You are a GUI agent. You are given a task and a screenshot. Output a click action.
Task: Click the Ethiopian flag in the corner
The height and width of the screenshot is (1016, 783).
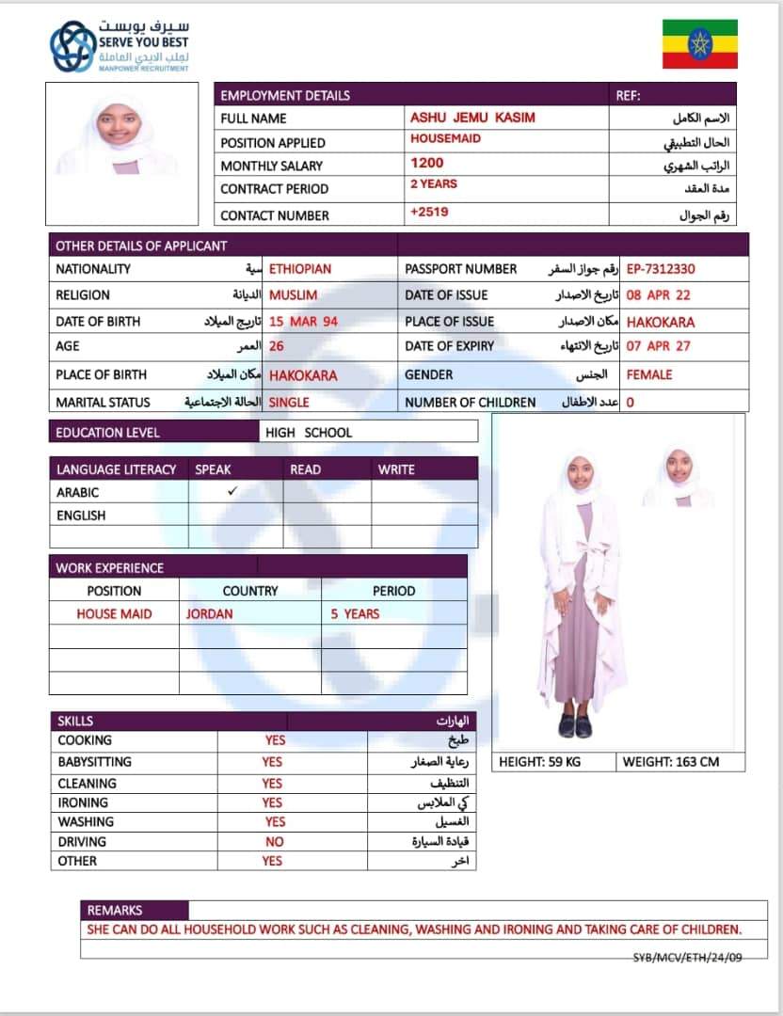point(699,43)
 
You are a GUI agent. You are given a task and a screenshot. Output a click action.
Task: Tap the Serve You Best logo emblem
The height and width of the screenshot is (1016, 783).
point(72,47)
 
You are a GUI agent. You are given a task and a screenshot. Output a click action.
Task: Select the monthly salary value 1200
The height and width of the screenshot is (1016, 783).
point(426,163)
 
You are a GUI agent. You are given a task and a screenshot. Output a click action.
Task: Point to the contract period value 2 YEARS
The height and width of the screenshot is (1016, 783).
point(433,184)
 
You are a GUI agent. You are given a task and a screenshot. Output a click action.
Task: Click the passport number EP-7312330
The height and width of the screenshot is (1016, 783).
point(661,269)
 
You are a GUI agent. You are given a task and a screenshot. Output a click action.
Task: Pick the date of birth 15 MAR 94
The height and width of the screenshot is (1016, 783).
point(303,322)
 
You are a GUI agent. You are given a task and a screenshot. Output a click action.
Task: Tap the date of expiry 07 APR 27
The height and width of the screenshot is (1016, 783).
point(658,346)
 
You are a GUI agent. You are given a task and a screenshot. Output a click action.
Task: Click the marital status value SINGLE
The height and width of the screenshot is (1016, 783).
point(289,402)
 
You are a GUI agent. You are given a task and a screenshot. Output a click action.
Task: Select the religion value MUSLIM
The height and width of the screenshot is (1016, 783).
point(293,295)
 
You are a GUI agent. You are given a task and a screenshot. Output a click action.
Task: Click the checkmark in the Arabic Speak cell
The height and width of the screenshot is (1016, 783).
point(232,491)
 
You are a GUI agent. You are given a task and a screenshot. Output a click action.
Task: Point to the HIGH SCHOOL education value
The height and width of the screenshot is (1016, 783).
point(309,433)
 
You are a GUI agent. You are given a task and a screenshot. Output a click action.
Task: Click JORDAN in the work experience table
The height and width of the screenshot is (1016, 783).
point(209,613)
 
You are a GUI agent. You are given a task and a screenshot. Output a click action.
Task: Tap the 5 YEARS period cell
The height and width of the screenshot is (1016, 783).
point(355,613)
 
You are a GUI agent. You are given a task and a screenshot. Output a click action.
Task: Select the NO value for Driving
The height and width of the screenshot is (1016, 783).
point(274,842)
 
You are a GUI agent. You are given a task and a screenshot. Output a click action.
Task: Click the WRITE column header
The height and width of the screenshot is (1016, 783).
point(395,469)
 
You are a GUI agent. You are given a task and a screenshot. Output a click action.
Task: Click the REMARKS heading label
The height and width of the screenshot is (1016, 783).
point(115,910)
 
